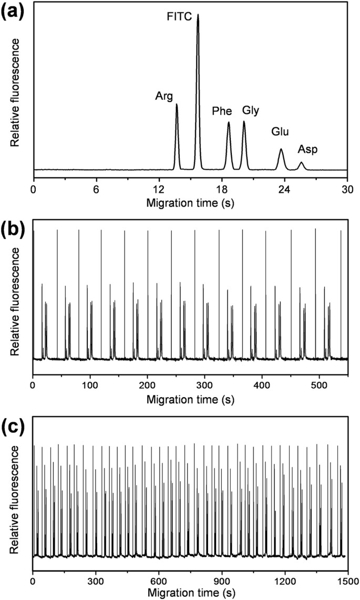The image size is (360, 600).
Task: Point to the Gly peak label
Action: point(251,110)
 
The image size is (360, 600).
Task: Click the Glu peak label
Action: point(280,131)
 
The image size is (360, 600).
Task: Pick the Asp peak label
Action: point(307,150)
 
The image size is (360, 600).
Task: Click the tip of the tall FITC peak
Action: point(198,15)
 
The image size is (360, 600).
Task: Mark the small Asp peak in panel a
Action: point(301,164)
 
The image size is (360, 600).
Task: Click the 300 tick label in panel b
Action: point(163,379)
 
